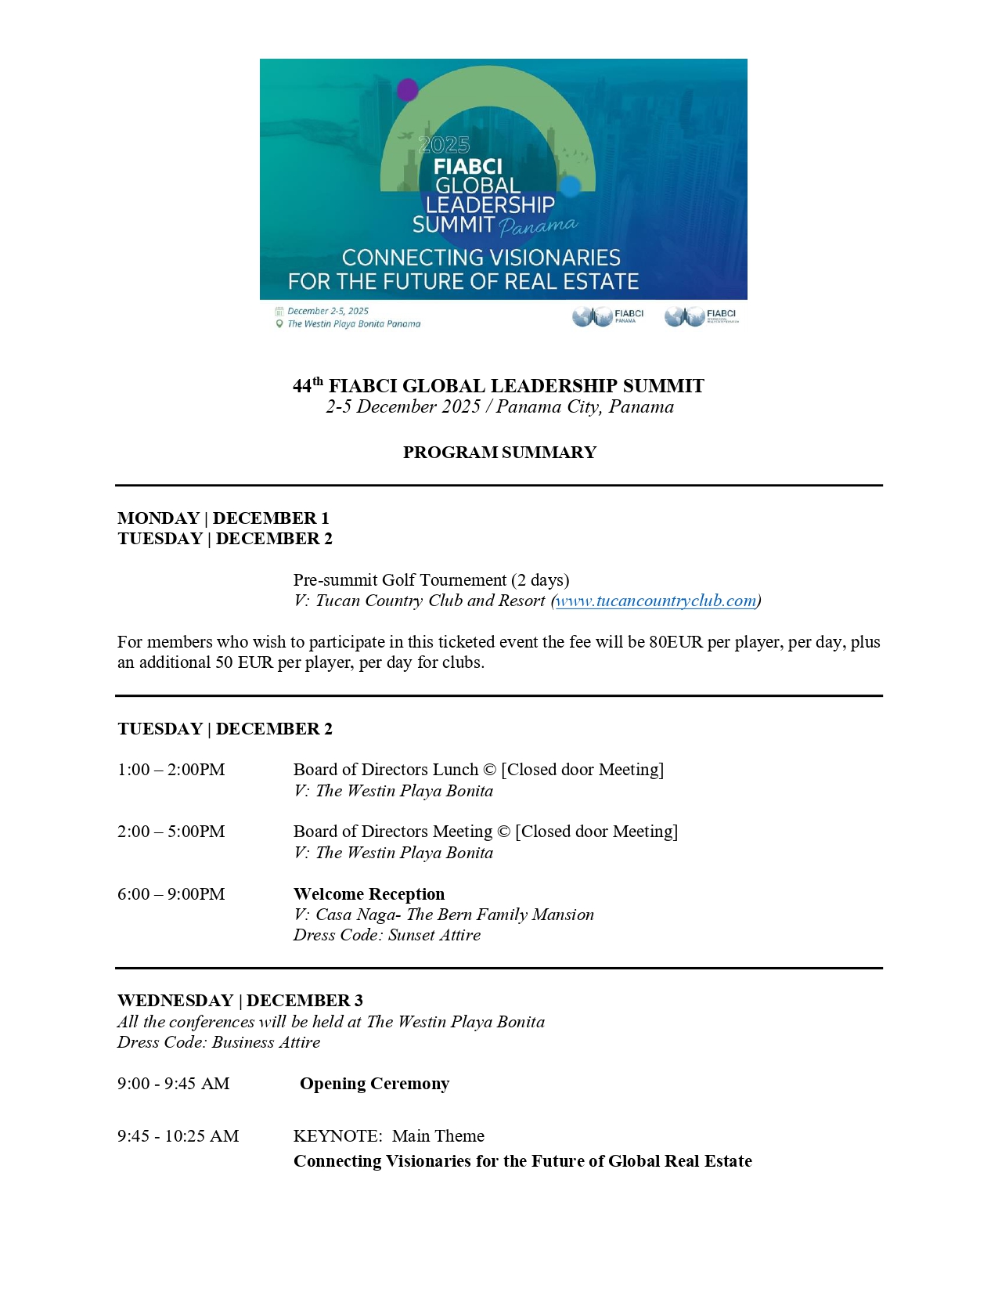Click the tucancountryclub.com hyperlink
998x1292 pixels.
point(656,601)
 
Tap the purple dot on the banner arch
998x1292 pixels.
point(407,90)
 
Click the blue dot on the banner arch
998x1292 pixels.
point(571,186)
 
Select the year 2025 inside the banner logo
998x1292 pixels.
point(444,145)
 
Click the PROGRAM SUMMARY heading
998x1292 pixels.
point(499,453)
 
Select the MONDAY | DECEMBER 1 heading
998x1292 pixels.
point(223,518)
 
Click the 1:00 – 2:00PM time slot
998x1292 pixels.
point(171,770)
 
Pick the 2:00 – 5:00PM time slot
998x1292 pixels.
point(171,832)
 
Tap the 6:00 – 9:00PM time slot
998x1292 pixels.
point(171,894)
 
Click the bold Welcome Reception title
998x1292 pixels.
point(369,894)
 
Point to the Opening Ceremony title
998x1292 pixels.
point(374,1084)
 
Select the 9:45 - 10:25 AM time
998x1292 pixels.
point(178,1136)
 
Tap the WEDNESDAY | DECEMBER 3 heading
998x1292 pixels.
point(240,1001)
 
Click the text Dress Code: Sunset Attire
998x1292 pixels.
point(387,935)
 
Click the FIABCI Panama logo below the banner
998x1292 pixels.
point(607,316)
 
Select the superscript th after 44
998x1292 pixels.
point(318,381)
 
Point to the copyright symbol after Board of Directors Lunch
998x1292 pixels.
point(489,770)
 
